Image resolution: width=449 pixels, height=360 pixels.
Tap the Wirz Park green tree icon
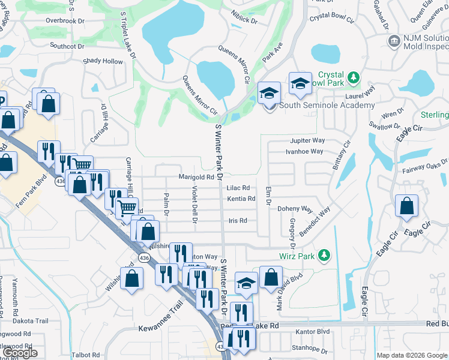pyautogui.click(x=325, y=256)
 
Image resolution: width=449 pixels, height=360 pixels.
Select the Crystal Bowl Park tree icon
pyautogui.click(x=354, y=77)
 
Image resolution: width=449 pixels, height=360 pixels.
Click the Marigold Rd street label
pyautogui.click(x=196, y=177)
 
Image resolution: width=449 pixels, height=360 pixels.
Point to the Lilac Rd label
pyautogui.click(x=238, y=188)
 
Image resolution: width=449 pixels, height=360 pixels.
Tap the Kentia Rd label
pyautogui.click(x=241, y=199)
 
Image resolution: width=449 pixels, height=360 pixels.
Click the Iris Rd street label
pyautogui.click(x=238, y=221)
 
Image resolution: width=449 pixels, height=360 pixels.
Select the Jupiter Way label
pyautogui.click(x=305, y=140)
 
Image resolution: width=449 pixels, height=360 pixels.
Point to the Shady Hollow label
pyautogui.click(x=103, y=61)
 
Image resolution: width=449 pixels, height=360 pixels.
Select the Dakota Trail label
pyautogui.click(x=32, y=321)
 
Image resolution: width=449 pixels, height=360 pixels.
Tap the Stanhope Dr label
pyautogui.click(x=308, y=347)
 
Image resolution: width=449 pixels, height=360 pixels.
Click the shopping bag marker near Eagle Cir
pyautogui.click(x=406, y=206)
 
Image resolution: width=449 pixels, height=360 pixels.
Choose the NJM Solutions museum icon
pyautogui.click(x=395, y=40)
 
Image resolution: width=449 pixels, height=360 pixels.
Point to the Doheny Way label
pyautogui.click(x=295, y=209)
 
